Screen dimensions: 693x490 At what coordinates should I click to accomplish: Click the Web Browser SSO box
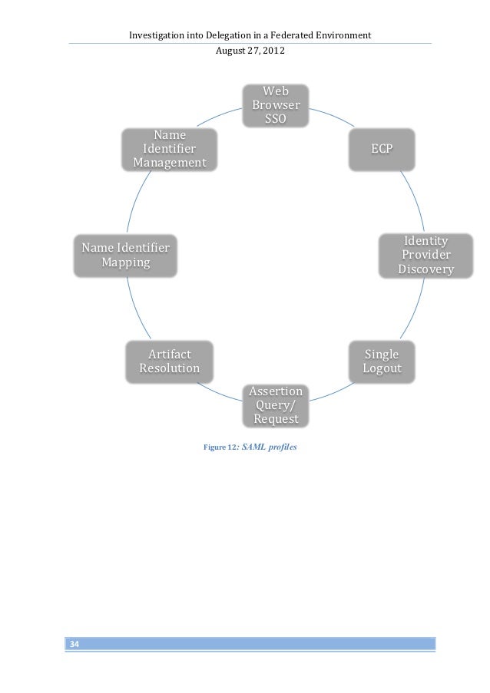[276, 105]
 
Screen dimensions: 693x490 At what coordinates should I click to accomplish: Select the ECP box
[382, 148]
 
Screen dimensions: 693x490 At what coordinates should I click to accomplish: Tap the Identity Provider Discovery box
[425, 256]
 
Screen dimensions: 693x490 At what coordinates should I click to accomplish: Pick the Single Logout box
[382, 361]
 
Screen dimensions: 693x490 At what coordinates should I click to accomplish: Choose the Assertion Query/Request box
[276, 405]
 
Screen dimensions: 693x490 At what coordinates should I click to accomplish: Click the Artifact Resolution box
[170, 361]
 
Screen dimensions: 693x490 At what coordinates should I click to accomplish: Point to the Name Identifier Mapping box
[126, 256]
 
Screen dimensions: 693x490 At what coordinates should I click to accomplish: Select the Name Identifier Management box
[170, 149]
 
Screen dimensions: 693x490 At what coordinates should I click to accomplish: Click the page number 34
[74, 643]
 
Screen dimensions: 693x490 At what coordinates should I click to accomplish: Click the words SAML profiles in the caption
[269, 447]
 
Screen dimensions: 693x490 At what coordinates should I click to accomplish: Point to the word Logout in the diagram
[382, 369]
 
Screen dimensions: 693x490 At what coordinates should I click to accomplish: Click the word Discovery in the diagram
[425, 270]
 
